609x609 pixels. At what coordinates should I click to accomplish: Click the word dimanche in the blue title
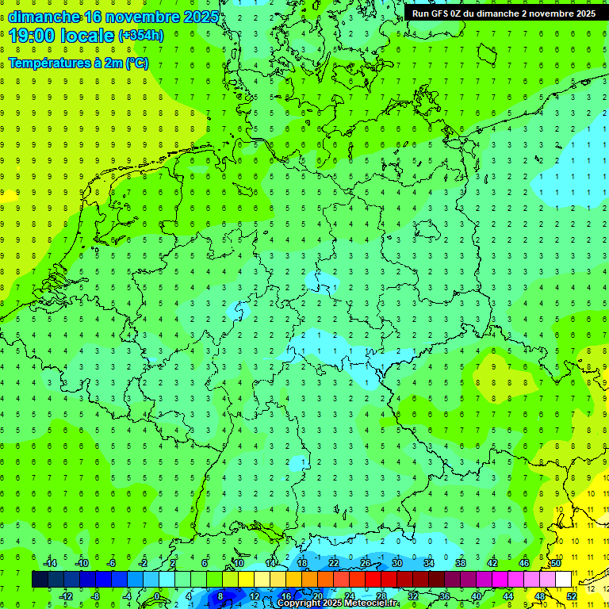(44, 17)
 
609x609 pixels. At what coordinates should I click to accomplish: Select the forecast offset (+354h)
(141, 36)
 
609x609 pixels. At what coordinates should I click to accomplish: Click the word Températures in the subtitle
(47, 63)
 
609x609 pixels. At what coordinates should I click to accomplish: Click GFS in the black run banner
(442, 13)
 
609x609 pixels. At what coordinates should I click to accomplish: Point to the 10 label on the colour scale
(238, 563)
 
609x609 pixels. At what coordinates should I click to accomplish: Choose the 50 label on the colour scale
(556, 563)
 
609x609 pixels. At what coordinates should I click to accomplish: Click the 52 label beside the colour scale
(572, 596)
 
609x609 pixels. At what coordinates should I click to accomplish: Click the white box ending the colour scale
(564, 580)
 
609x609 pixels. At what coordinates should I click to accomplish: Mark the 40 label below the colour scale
(477, 596)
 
